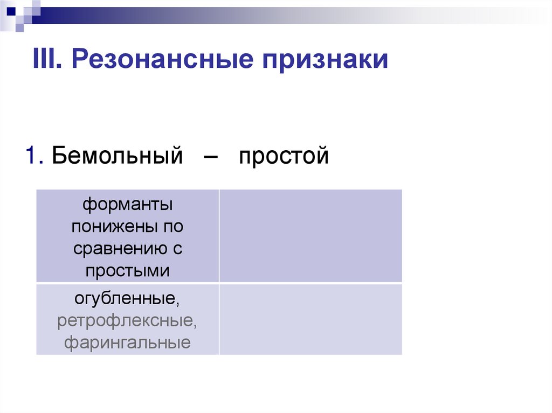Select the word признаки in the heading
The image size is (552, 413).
[x=325, y=59]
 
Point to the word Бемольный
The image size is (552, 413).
[x=118, y=156]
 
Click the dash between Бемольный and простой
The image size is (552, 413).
[x=212, y=157]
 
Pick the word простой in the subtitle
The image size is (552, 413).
[x=284, y=157]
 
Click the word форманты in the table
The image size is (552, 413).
[x=127, y=205]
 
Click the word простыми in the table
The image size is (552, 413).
[x=127, y=271]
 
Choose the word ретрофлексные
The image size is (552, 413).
[x=127, y=320]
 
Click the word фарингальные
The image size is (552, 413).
[x=127, y=342]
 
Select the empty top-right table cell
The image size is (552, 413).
[x=310, y=235]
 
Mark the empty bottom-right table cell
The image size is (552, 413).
[x=310, y=319]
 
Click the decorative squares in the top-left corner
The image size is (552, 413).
[x=20, y=13]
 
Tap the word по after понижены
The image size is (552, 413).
[x=174, y=227]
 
